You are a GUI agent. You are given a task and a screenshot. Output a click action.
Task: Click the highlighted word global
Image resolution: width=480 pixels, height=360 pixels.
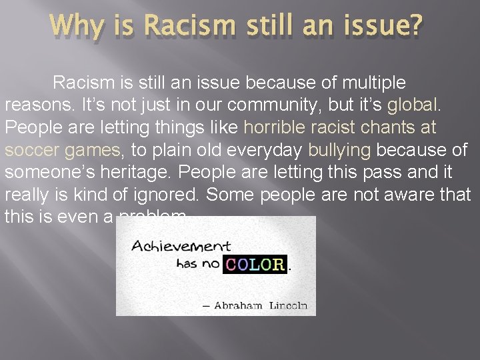pyautogui.click(x=411, y=105)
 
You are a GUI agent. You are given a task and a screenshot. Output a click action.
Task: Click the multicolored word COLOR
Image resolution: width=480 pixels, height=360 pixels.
pyautogui.click(x=255, y=263)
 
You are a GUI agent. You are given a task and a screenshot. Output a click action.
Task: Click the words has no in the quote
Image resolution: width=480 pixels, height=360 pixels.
pyautogui.click(x=197, y=263)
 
